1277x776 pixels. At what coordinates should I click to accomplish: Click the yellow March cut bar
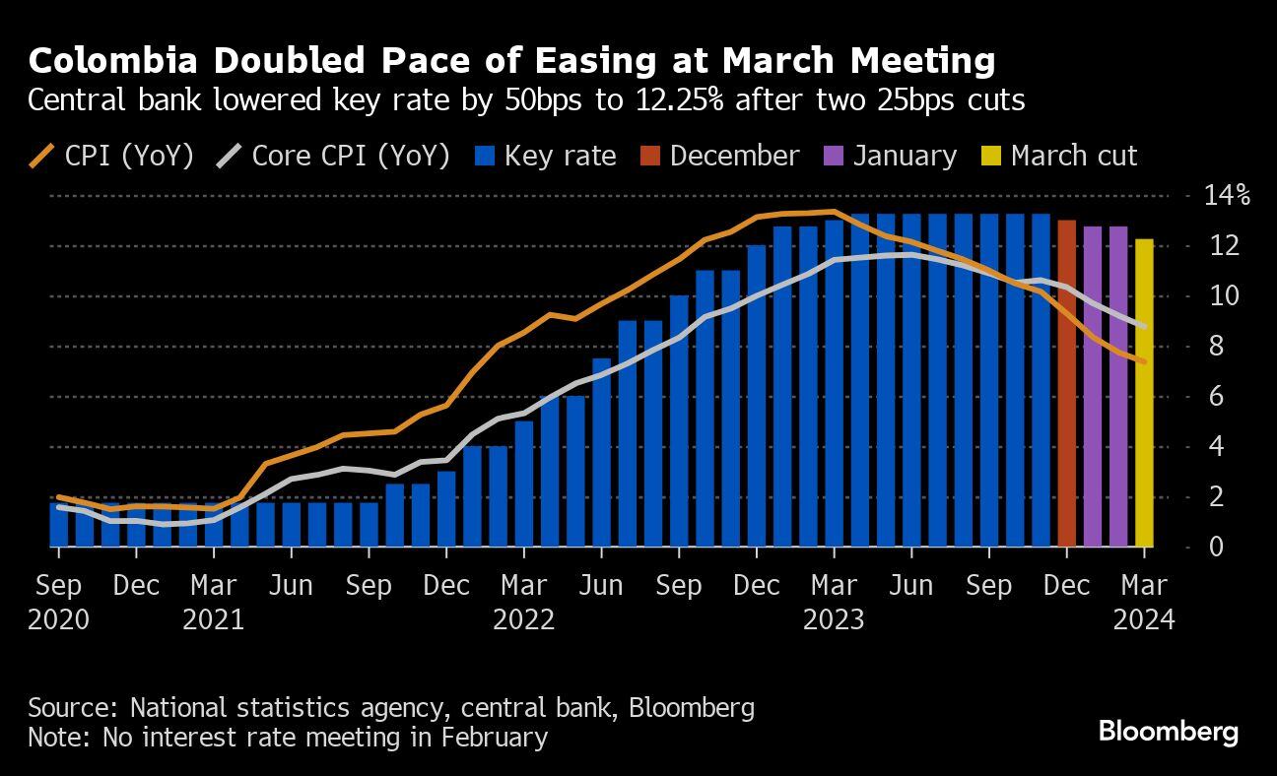pos(1144,394)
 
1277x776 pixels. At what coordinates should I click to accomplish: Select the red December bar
pos(1066,384)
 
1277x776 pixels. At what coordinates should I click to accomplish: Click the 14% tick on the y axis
pos(1226,195)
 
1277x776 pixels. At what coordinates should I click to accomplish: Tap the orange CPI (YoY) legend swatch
pos(41,157)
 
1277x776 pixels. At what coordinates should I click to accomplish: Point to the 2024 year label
pos(1144,620)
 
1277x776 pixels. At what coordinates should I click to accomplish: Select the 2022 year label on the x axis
pos(524,620)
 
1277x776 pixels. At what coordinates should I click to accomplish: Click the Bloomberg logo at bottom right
pos(1168,732)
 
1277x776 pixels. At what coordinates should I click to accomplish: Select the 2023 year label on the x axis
pos(834,620)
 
